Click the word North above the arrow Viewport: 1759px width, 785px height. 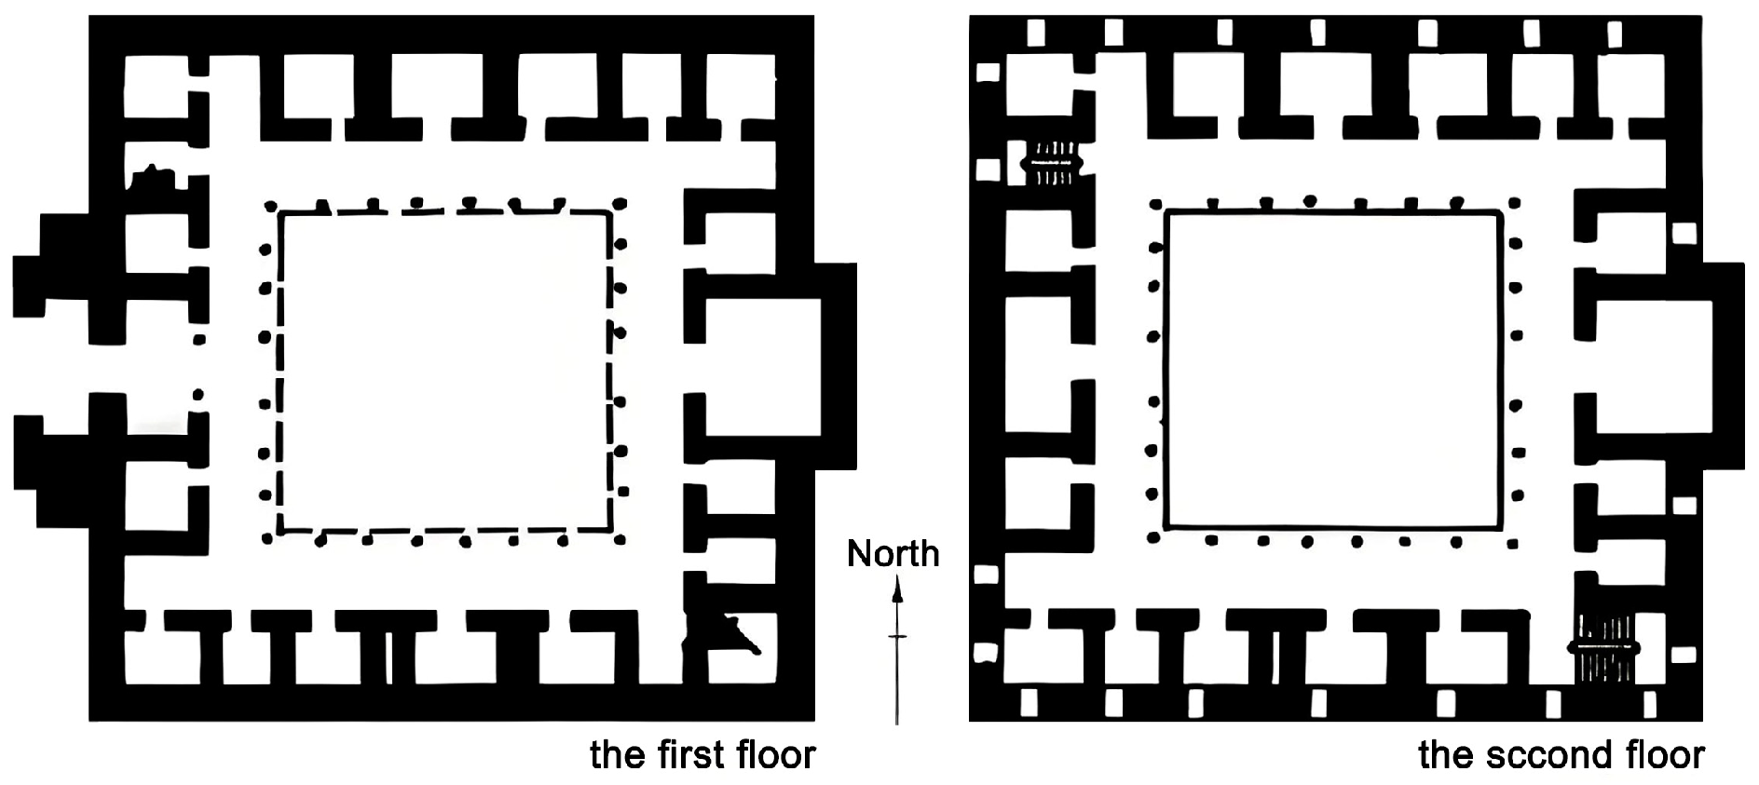893,554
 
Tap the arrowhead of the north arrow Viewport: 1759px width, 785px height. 897,588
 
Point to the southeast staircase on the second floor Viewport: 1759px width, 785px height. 1603,647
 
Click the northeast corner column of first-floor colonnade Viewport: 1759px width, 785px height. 621,203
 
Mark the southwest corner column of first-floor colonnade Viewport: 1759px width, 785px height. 267,537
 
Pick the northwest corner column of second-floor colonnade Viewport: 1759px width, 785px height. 1155,203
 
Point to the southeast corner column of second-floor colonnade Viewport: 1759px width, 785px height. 1513,537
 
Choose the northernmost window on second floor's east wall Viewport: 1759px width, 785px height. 1684,233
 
